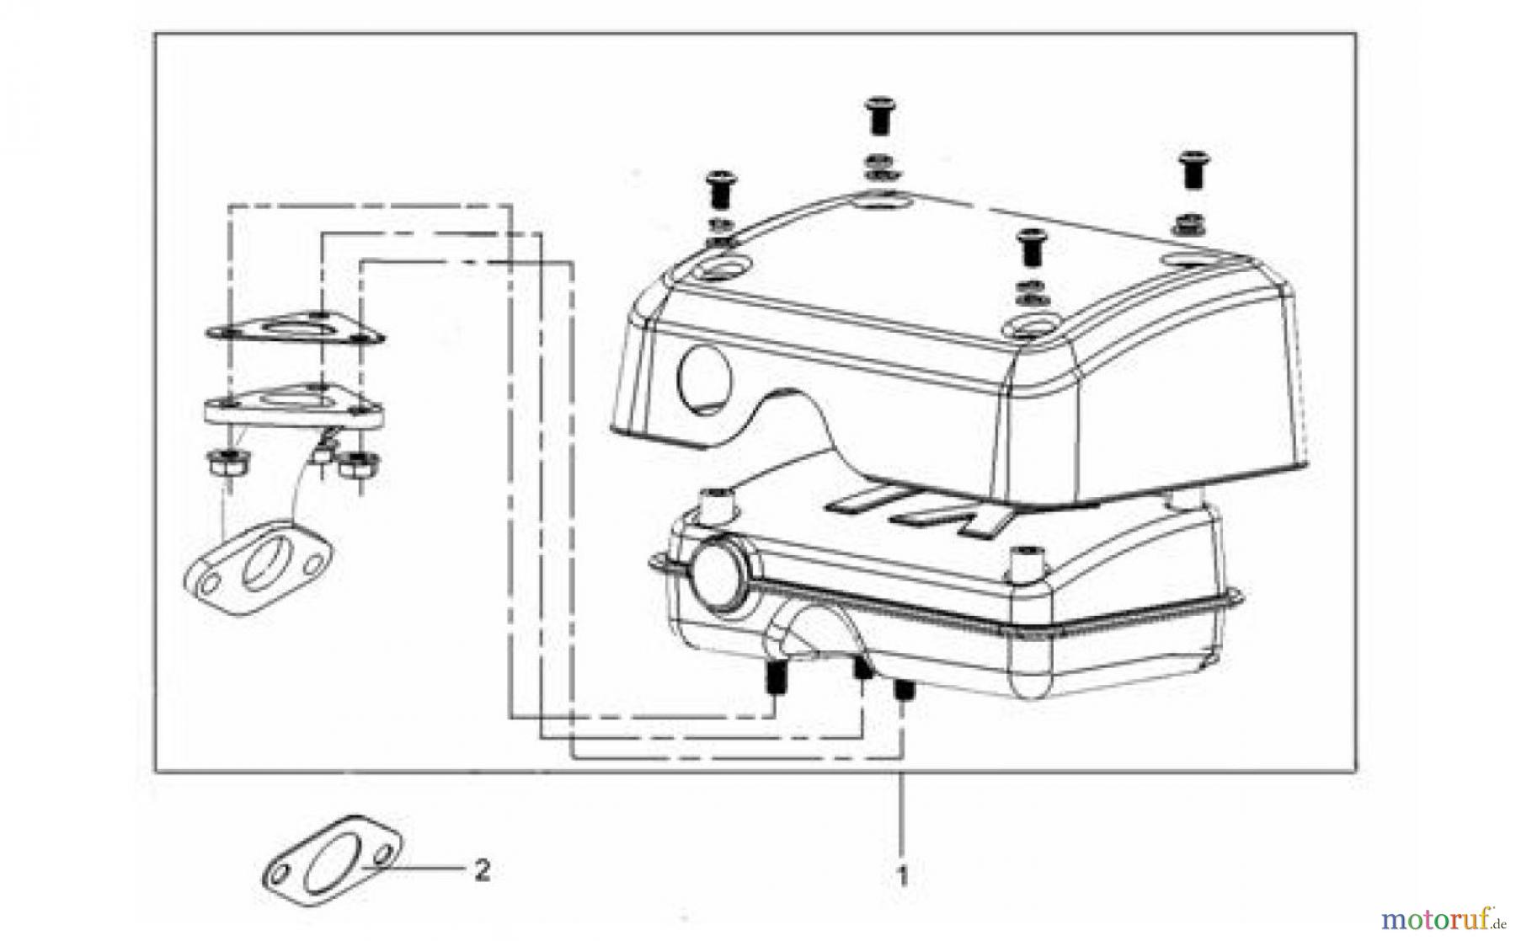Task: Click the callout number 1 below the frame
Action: pos(902,876)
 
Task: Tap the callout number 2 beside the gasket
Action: pos(482,870)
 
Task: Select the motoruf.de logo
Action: pos(1441,917)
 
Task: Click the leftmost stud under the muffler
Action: pos(775,678)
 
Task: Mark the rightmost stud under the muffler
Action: pos(904,691)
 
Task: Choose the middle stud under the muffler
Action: pos(862,670)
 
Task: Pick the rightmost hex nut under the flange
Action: pos(360,463)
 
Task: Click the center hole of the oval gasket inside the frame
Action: pos(261,568)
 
